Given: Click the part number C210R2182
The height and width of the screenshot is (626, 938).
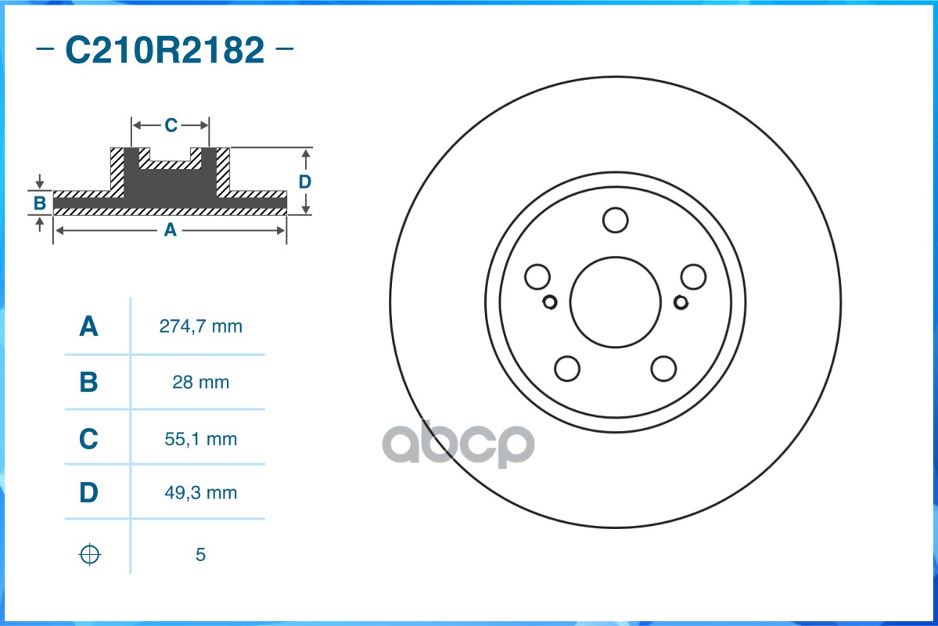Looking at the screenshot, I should (x=164, y=51).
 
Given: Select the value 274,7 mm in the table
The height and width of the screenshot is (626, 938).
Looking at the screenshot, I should (x=200, y=326).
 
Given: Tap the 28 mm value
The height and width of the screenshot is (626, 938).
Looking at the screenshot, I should (x=200, y=383).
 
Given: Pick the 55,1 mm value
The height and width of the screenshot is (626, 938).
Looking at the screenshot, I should (x=200, y=439).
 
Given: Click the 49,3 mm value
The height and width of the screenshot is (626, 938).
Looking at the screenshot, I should (x=200, y=493).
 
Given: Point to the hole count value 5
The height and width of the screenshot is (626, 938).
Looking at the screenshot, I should (x=200, y=555).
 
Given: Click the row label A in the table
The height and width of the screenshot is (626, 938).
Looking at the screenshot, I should (x=89, y=326).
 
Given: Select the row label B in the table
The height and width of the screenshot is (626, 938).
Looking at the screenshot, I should (x=89, y=383).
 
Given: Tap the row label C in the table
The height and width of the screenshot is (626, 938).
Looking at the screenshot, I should (x=89, y=439).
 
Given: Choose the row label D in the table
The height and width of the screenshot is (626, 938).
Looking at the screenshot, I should (x=89, y=493).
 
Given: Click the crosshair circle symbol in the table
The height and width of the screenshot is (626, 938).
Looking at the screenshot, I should (x=90, y=555).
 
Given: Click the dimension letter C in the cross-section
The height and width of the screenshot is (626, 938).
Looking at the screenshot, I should (x=171, y=125).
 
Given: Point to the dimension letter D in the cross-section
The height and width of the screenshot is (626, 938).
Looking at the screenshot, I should (x=304, y=182).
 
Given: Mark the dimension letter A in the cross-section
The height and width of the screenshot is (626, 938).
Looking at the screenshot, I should (x=169, y=230).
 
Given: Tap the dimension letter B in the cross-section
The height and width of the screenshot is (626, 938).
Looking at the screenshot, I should (x=40, y=203).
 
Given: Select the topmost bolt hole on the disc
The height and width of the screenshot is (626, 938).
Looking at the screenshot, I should (x=615, y=220).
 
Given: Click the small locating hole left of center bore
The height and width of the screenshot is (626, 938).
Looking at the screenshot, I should (x=549, y=302).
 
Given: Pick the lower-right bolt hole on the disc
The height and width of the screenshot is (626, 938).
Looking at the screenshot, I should (x=663, y=368).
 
